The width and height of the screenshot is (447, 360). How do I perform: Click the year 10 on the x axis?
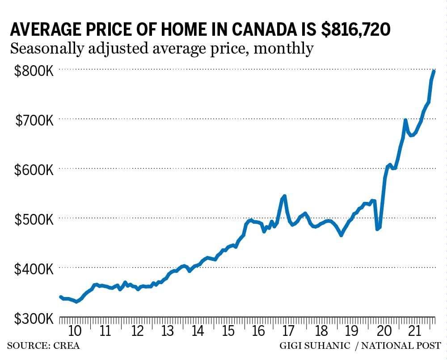coord(75,331)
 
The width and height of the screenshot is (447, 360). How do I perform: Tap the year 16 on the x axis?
coord(258,331)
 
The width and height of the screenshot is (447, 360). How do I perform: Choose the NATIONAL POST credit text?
coord(401,346)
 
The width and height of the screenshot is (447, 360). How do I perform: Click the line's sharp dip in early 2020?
coord(378,229)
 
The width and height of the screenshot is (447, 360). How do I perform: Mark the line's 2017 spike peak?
coord(284,196)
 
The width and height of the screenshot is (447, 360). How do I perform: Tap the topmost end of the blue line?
coord(434,71)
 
